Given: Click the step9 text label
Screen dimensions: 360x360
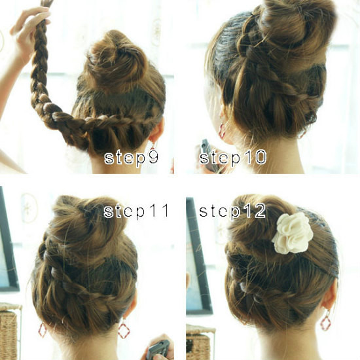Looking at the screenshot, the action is (x=132, y=158).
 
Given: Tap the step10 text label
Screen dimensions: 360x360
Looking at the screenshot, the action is (x=233, y=157).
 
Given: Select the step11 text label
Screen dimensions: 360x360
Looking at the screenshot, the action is (x=136, y=211).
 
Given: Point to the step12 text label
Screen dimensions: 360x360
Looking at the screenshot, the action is (x=232, y=211).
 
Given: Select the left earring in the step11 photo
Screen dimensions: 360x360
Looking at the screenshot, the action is (x=43, y=330).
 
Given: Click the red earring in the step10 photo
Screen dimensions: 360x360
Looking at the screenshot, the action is (x=222, y=131).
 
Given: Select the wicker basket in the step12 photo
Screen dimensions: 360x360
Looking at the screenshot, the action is (x=200, y=342).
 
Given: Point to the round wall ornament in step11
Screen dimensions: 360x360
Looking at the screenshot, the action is (x=29, y=207).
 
